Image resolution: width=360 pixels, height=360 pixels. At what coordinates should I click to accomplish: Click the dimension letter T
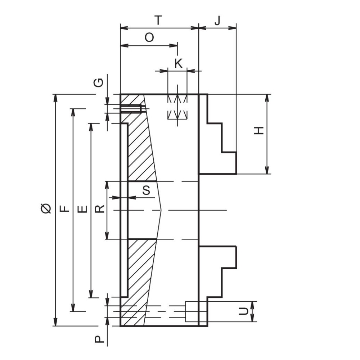(158, 20)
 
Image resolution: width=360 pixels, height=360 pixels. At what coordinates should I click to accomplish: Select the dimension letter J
(217, 21)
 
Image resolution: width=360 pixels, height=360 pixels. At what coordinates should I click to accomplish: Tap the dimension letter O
(149, 37)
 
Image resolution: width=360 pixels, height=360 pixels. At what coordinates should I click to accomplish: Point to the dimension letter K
(179, 63)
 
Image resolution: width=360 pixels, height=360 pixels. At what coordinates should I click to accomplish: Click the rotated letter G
(99, 83)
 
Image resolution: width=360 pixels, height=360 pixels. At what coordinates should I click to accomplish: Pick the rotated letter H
(259, 130)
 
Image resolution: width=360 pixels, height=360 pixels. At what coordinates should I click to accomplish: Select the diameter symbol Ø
(46, 208)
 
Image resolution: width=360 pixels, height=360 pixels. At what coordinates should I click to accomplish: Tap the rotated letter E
(82, 209)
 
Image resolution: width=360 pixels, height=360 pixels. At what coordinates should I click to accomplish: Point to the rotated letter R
(100, 209)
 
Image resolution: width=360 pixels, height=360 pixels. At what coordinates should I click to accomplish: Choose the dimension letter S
(146, 190)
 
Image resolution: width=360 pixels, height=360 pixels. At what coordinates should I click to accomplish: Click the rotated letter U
(243, 311)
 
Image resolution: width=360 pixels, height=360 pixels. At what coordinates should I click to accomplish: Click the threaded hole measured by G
(131, 109)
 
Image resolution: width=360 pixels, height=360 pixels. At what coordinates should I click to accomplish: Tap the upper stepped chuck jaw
(217, 134)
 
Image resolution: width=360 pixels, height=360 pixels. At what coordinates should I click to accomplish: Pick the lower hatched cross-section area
(140, 282)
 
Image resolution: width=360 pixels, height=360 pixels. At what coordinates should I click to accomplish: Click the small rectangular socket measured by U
(192, 311)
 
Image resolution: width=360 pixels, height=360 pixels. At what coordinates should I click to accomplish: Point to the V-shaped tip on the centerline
(161, 210)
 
